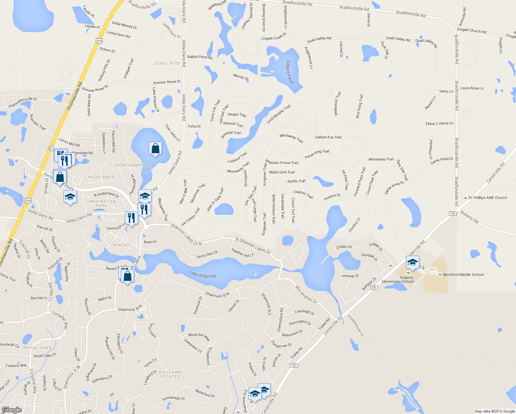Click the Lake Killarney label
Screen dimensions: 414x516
[x=202, y=275]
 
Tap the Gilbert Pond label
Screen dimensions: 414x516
[x=290, y=72]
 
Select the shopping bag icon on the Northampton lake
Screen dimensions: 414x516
[x=156, y=149]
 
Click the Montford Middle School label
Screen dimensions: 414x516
[x=463, y=275]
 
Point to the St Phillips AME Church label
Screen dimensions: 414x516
[x=487, y=198]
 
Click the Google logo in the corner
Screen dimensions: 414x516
[x=11, y=410]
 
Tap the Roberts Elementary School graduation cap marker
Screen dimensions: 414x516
[x=413, y=263]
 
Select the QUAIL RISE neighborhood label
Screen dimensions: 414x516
[x=167, y=63]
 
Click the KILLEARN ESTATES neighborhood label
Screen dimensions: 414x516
[x=170, y=374]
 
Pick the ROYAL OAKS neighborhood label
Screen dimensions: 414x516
[x=38, y=348]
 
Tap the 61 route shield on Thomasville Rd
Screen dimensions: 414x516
[x=51, y=148]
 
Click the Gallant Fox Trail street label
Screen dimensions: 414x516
[x=328, y=137]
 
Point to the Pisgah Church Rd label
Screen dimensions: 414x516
[x=472, y=30]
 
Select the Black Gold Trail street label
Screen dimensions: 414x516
[x=282, y=172]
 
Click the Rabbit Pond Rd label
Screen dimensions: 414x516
[x=200, y=57]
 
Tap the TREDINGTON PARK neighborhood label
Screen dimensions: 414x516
[x=101, y=204]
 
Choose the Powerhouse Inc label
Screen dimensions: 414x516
[x=356, y=326]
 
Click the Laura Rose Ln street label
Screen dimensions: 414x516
[x=472, y=88]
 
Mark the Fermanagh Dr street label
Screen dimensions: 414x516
[x=173, y=398]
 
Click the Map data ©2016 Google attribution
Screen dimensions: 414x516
[x=495, y=411]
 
